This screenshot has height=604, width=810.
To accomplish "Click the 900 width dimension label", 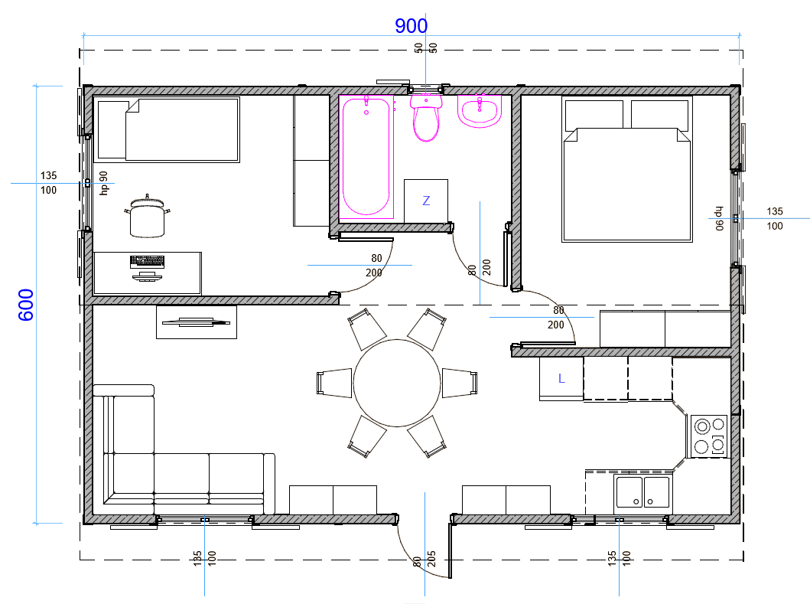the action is point(412,26).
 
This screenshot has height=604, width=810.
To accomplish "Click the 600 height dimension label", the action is point(26,305).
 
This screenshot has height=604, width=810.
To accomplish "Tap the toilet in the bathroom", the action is point(426,117).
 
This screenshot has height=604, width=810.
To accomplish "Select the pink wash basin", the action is point(480,111).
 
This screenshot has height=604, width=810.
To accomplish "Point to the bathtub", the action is point(366,156).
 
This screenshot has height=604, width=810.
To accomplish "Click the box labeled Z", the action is point(426,201).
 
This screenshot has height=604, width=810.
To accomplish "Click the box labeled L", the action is point(561,378).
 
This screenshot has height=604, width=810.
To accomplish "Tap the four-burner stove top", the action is point(709,436).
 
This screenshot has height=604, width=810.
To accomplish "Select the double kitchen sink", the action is point(642,491).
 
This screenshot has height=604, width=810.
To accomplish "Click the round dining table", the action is point(397,384).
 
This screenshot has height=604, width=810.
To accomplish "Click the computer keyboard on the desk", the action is point(147,261).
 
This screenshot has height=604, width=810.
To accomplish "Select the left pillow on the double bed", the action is point(594,116).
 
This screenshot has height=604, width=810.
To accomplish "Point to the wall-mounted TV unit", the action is point(197,322).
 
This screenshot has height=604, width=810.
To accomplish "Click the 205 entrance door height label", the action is point(432,560).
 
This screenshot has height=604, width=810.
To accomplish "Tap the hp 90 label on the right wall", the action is point(718,218).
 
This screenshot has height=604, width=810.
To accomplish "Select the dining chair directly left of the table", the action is point(334,384).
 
